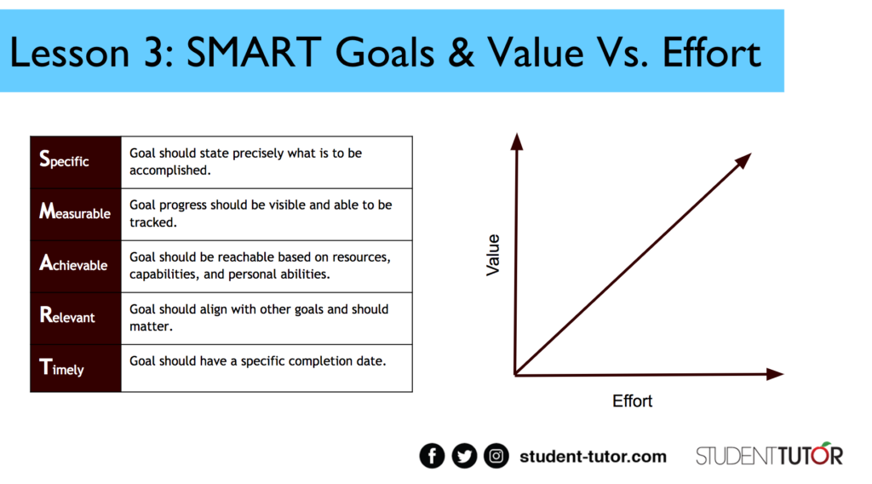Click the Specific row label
[x=64, y=159]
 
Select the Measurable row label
[x=75, y=212]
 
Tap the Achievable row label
[x=73, y=263]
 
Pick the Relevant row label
[x=66, y=315]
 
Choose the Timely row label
[x=61, y=368]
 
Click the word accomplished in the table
[x=169, y=170]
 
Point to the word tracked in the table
[x=152, y=222]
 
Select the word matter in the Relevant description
[x=150, y=326]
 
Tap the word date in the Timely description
[x=370, y=361]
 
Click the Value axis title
[x=493, y=255]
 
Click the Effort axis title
[x=632, y=401]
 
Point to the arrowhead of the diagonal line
[x=743, y=160]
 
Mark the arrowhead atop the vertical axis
[x=517, y=141]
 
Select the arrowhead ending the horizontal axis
[x=775, y=374]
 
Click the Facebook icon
[x=432, y=456]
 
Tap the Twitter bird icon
[x=464, y=456]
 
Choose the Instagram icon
[x=496, y=456]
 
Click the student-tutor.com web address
[x=593, y=457]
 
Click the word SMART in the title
[x=254, y=53]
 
